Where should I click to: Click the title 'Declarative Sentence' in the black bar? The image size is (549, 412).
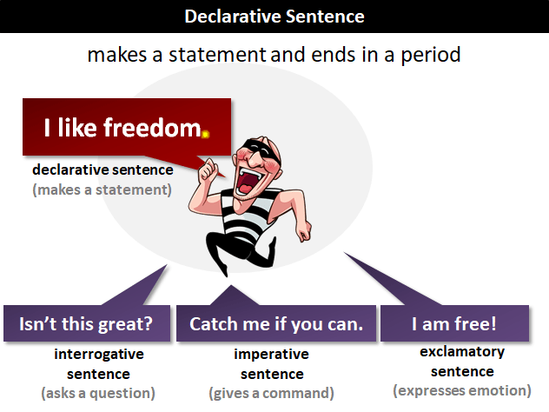[x=274, y=17]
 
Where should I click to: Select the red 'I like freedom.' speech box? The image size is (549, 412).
[x=127, y=129]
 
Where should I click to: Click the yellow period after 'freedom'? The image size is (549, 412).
[x=205, y=134]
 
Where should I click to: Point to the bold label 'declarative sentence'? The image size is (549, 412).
[x=103, y=169]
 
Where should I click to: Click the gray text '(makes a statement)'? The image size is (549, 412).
[x=103, y=188]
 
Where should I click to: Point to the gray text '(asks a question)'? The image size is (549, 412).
[x=98, y=393]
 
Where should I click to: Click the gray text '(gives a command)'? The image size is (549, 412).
[x=269, y=393]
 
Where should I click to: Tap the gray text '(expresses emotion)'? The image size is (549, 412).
[x=462, y=390]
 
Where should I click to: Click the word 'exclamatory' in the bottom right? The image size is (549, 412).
[x=462, y=352]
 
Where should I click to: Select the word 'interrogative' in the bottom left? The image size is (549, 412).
[x=99, y=355]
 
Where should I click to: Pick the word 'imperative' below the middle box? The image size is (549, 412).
[x=269, y=355]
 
